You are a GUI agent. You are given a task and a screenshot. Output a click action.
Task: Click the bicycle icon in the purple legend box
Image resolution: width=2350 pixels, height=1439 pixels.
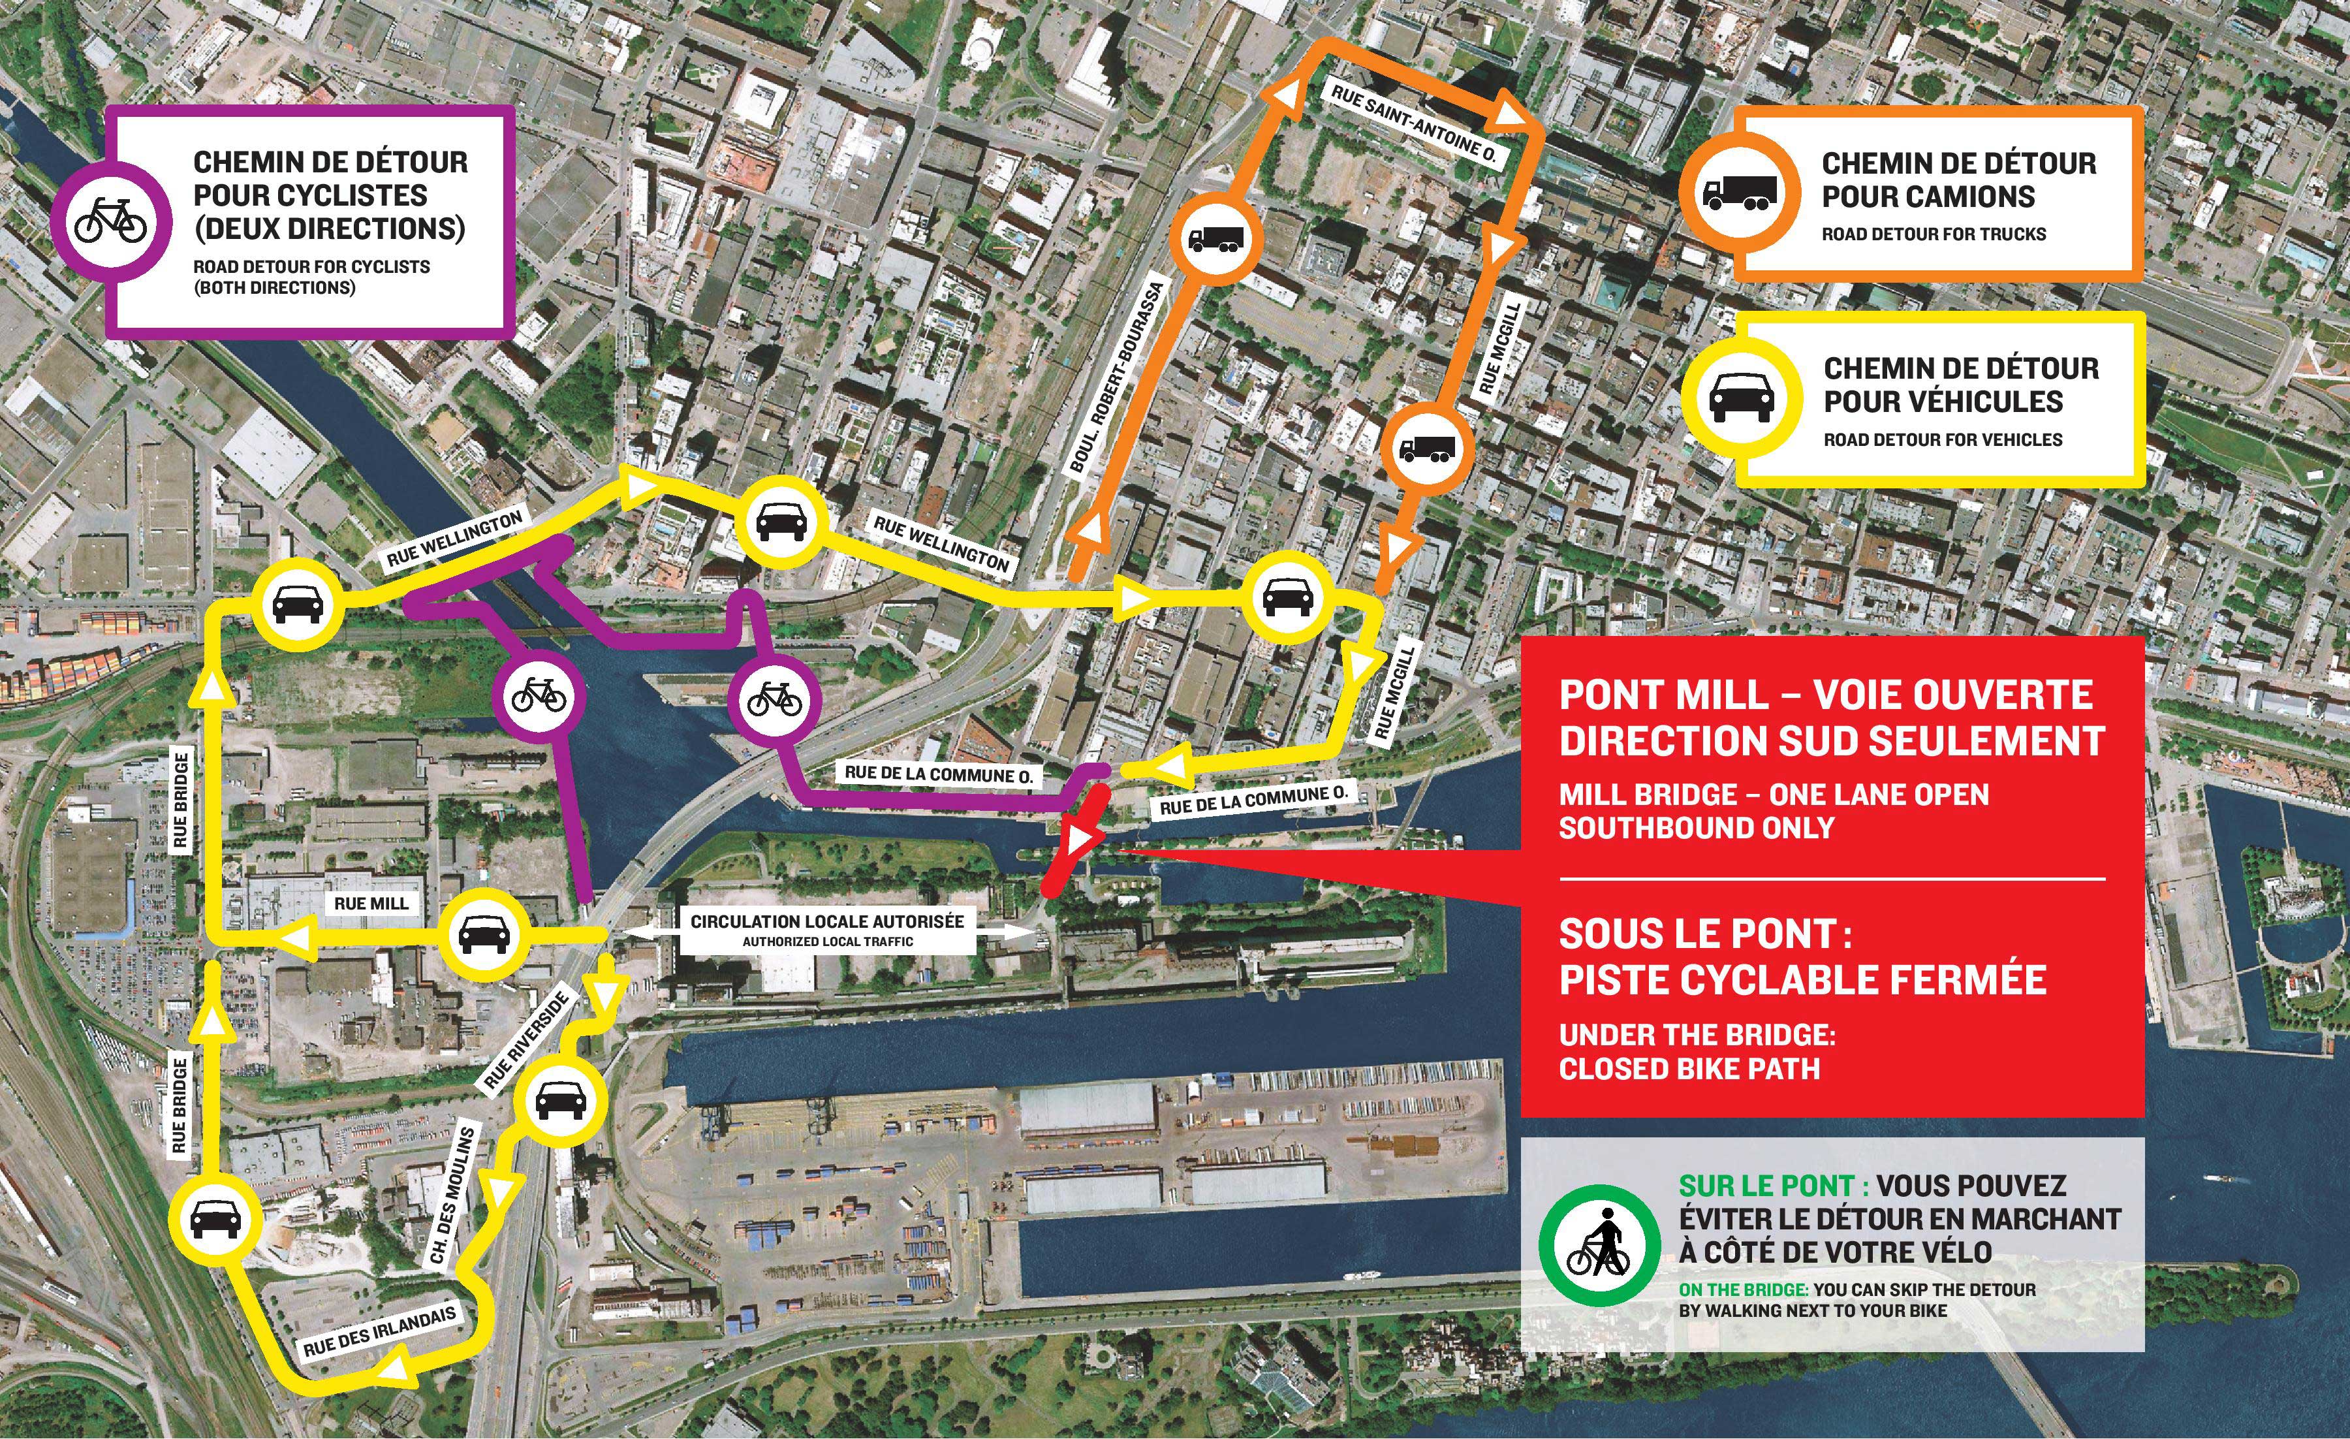click(110, 220)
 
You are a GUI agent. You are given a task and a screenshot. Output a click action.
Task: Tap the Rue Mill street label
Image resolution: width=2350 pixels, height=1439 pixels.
click(371, 903)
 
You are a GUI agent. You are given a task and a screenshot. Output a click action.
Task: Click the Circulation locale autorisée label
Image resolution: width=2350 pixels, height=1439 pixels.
click(827, 922)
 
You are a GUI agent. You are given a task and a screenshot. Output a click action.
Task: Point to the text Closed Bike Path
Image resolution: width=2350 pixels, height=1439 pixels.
click(1689, 1068)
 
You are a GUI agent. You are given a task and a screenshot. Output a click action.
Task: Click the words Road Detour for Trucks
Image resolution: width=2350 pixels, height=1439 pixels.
click(1934, 234)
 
